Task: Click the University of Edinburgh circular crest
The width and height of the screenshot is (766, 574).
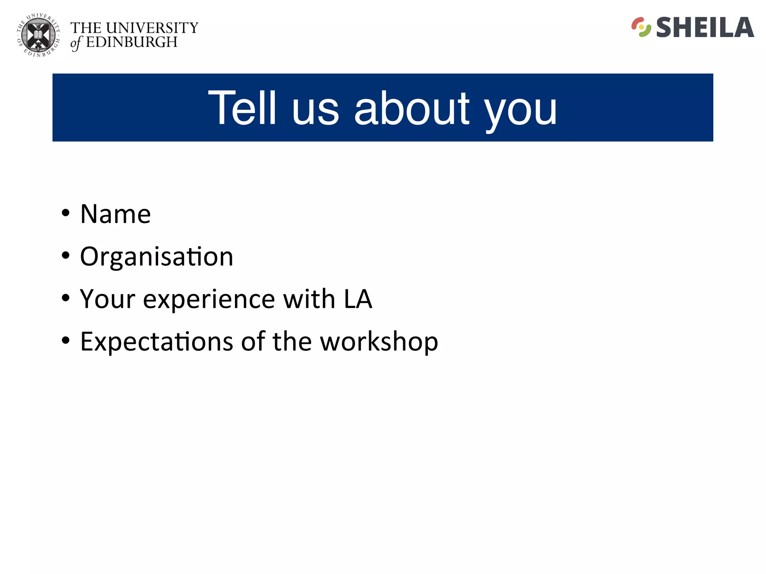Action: [39, 36]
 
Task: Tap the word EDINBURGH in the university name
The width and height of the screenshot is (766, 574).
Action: [132, 42]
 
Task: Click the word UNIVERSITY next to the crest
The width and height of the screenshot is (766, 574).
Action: [152, 28]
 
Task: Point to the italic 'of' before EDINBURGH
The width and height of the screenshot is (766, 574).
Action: [76, 43]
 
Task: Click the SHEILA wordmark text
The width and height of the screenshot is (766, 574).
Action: [705, 28]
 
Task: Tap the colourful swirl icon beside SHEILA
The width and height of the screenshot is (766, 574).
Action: [641, 27]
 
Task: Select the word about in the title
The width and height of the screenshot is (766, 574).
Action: [412, 108]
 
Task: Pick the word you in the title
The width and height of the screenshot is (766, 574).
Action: [521, 110]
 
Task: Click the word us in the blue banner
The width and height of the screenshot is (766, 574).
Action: [315, 110]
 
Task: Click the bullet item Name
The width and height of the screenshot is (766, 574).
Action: [116, 214]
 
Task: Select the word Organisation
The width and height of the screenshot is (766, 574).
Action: [157, 257]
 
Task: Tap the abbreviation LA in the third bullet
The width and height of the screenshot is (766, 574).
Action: [358, 299]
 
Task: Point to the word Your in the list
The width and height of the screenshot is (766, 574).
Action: [108, 299]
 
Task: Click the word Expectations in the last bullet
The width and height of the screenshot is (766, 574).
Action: [157, 342]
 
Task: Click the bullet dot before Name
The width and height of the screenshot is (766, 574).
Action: [66, 213]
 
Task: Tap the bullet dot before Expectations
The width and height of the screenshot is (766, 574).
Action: [66, 340]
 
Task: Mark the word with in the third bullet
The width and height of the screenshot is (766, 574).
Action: [309, 299]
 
